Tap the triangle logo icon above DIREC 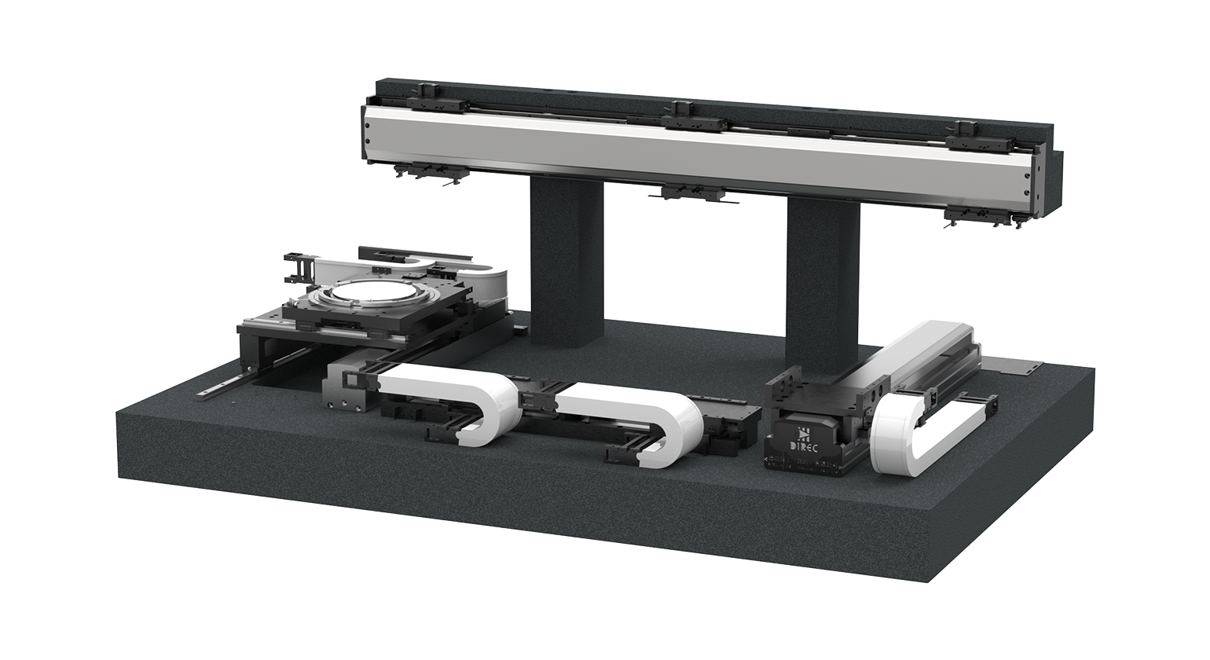[x=805, y=432]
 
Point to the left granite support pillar [x=566, y=260]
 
